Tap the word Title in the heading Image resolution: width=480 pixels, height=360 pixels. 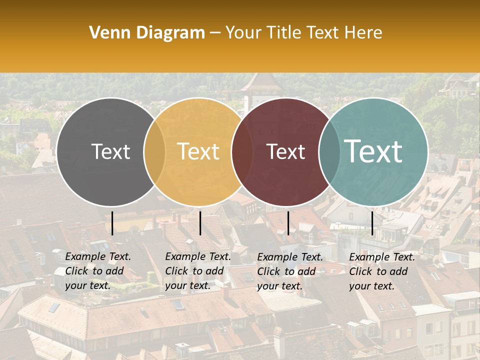282,33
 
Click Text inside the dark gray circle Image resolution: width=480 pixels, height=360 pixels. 110,151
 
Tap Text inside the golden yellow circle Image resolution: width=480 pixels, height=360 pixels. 198,151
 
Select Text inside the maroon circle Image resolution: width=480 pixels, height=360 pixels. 285,151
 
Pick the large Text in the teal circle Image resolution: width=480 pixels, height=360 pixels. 373,151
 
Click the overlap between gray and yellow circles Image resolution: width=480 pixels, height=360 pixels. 154,151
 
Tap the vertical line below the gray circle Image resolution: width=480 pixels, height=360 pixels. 112,223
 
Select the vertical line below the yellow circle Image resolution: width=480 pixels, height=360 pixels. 200,223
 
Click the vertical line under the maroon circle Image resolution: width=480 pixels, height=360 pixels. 288,223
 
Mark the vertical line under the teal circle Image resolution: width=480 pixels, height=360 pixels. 372,223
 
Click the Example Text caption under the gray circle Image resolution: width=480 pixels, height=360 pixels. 97,271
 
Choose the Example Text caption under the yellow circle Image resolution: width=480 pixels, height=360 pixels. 197,271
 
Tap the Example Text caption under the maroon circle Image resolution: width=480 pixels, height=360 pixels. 289,271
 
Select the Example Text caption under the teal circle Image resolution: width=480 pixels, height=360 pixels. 381,271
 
